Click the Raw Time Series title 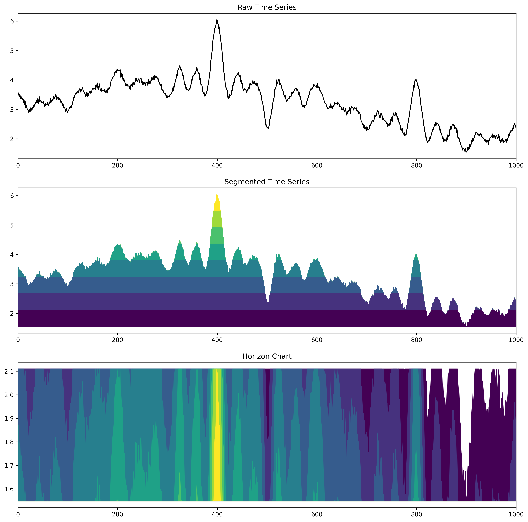(x=267, y=7)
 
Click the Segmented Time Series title (x=267, y=182)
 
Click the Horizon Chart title (x=267, y=356)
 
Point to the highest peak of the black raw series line (x=217, y=20)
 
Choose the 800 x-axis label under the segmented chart (x=416, y=340)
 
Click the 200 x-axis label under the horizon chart (x=118, y=514)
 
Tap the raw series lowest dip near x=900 (x=466, y=152)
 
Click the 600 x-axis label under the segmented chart (x=317, y=340)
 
